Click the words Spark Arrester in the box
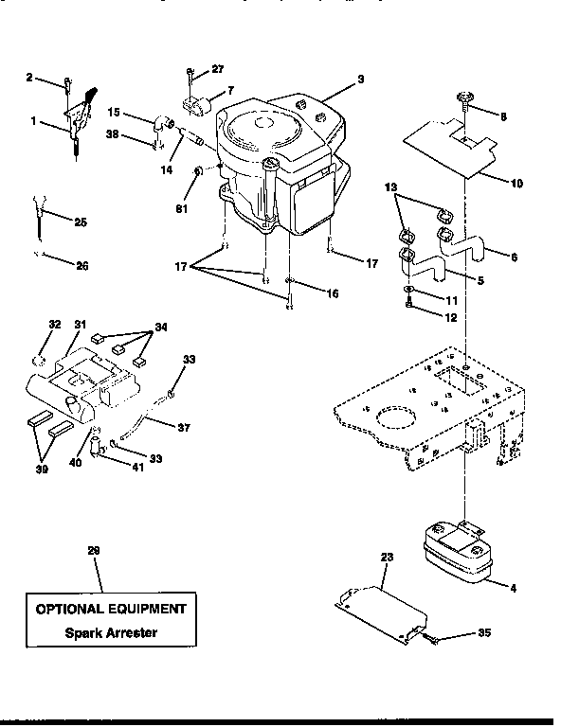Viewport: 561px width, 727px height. (111, 631)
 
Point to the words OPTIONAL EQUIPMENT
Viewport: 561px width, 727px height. (111, 608)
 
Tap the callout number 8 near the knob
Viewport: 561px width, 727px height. (503, 116)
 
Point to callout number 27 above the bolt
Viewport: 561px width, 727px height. (219, 69)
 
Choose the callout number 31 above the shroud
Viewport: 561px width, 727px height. (81, 325)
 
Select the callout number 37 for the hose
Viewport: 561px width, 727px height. (184, 428)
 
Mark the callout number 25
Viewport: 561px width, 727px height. (80, 222)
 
